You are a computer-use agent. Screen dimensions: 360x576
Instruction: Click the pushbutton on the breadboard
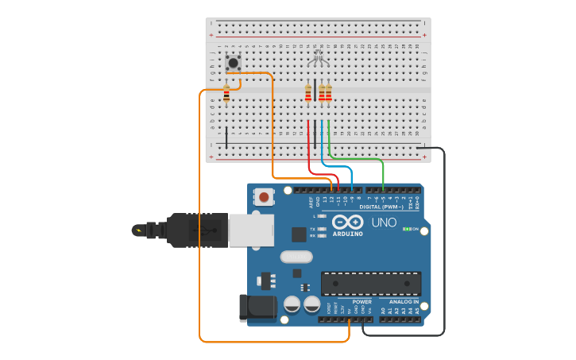[x=234, y=63]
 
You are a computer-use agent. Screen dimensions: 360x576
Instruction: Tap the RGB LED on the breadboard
[x=318, y=57]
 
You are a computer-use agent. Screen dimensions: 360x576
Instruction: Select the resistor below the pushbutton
[x=226, y=95]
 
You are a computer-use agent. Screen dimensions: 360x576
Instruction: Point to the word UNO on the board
[x=384, y=223]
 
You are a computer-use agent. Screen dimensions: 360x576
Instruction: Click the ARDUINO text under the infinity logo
[x=348, y=234]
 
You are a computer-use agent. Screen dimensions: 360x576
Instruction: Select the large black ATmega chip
[x=370, y=283]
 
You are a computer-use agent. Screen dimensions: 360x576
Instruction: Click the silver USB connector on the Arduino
[x=251, y=230]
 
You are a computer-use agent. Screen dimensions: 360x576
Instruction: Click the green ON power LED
[x=407, y=229]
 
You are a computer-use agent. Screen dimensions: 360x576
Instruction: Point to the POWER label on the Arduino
[x=361, y=302]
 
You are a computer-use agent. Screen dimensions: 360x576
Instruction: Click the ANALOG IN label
[x=404, y=302]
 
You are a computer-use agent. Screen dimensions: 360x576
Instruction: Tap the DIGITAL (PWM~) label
[x=381, y=207]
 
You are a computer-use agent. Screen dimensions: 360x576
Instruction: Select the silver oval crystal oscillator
[x=296, y=257]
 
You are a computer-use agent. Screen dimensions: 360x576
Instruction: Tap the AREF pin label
[x=311, y=203]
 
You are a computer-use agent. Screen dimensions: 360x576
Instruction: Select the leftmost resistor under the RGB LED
[x=308, y=93]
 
